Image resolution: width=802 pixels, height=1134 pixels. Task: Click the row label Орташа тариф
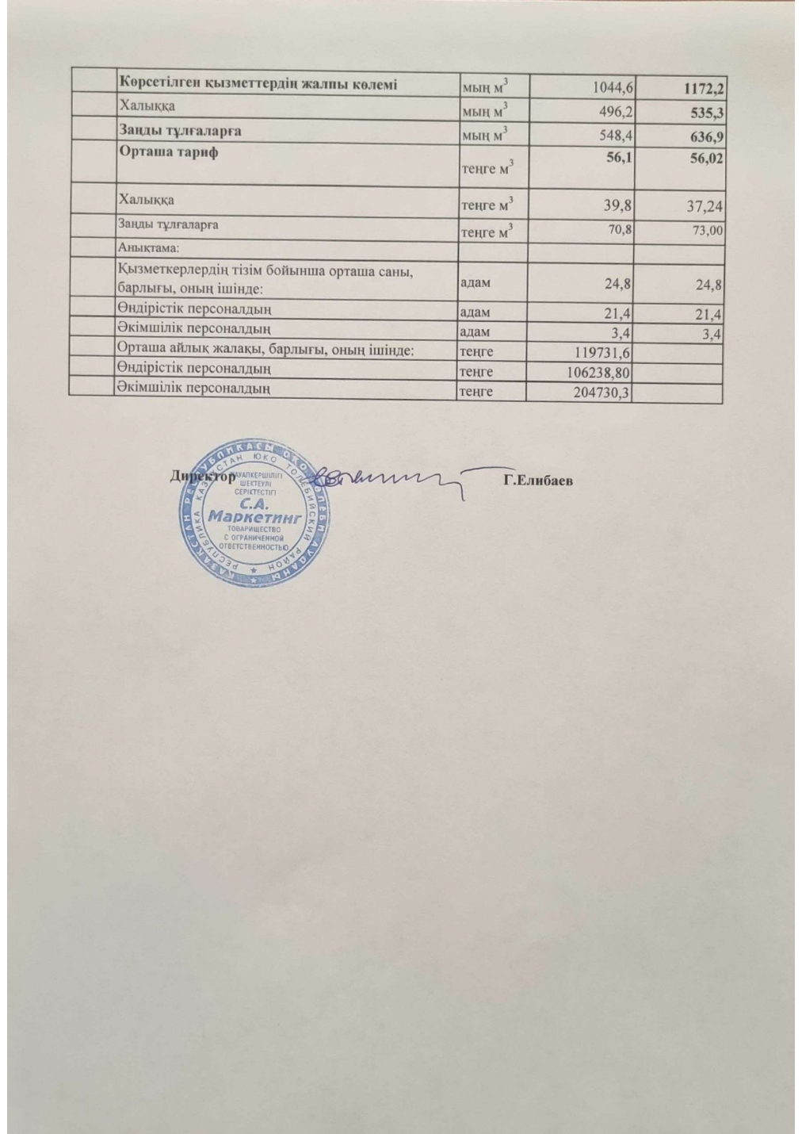point(168,152)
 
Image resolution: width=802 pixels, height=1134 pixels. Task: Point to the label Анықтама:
point(150,247)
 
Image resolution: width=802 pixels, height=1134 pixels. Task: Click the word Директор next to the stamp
point(201,477)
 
